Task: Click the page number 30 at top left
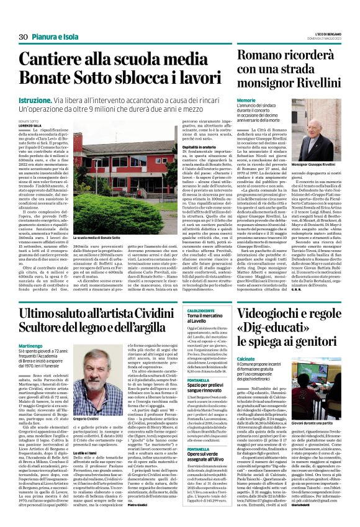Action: (15, 20)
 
